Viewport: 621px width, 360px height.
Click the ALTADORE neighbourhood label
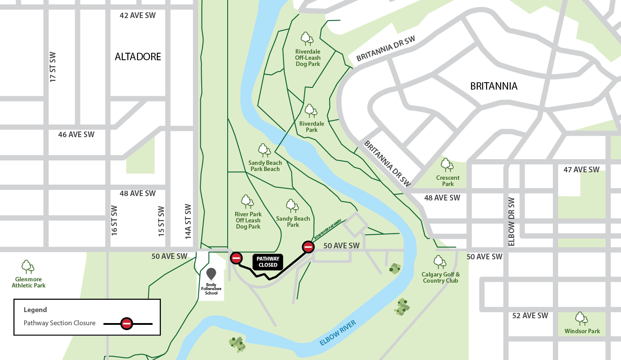pos(138,57)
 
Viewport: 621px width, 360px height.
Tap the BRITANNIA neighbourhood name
pos(494,86)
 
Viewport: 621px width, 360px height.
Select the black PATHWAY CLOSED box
pos(268,262)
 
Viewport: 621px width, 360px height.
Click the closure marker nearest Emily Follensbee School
pos(236,258)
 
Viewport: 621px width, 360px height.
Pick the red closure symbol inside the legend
pos(127,324)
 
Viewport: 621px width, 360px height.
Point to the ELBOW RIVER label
pos(338,333)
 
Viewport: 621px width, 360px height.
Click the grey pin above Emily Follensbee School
pos(211,273)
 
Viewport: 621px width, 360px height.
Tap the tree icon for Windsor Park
pos(581,318)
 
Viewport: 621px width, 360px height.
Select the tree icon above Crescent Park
pos(447,165)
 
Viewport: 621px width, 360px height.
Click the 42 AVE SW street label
pos(138,15)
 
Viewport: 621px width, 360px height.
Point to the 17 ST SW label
pos(53,67)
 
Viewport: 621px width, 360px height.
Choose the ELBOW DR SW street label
pos(511,222)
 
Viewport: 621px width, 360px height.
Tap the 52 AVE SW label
pos(530,316)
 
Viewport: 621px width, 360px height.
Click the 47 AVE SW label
pos(581,170)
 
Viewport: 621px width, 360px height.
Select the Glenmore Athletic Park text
pos(29,282)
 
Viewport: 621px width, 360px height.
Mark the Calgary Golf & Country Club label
pos(440,277)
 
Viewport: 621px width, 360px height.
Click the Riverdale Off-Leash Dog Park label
pos(308,58)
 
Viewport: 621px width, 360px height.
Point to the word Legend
pos(35,309)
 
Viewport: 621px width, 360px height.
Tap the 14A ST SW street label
pos(188,222)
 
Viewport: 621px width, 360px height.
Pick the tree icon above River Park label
pos(247,202)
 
